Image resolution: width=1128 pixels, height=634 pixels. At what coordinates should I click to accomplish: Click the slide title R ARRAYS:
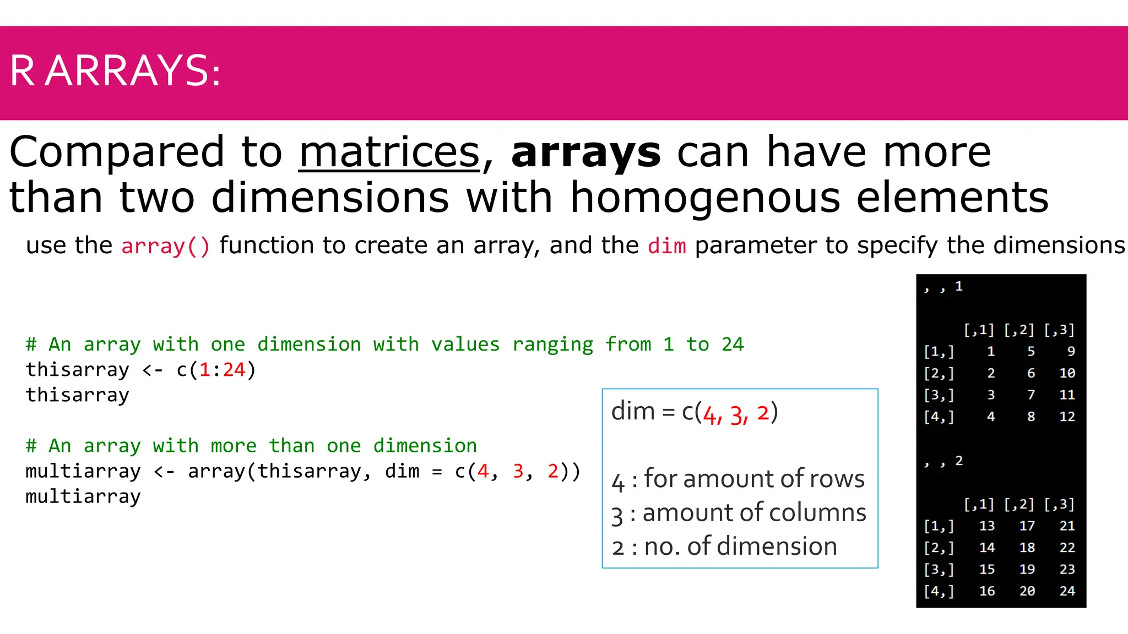pyautogui.click(x=115, y=71)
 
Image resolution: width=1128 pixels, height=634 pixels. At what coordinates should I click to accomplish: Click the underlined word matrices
pyautogui.click(x=389, y=153)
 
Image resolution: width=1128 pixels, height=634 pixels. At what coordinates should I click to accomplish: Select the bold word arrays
pyautogui.click(x=585, y=153)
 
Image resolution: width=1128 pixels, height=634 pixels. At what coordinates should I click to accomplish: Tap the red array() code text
pyautogui.click(x=165, y=246)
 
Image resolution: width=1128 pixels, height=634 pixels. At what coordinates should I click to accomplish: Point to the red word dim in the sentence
pyautogui.click(x=666, y=246)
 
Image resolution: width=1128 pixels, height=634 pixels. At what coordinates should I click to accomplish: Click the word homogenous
pyautogui.click(x=704, y=198)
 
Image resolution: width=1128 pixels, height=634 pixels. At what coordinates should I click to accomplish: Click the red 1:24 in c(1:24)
pyautogui.click(x=222, y=370)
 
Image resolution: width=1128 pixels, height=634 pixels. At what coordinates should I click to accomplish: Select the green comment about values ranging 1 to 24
pyautogui.click(x=384, y=345)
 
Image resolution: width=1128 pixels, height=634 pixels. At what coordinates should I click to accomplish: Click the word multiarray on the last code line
pyautogui.click(x=83, y=496)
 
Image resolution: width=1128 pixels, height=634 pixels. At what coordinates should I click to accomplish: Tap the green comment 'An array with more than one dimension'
pyautogui.click(x=251, y=446)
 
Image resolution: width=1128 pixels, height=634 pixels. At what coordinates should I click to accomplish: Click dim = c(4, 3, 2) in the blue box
pyautogui.click(x=694, y=412)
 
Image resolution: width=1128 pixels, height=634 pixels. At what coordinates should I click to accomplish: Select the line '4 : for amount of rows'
pyautogui.click(x=738, y=479)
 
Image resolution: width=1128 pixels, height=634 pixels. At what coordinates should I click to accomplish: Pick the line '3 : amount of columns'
pyautogui.click(x=738, y=513)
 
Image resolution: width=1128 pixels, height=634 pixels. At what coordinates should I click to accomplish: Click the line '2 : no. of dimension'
pyautogui.click(x=724, y=547)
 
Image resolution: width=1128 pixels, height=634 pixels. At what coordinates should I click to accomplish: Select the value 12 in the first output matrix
pyautogui.click(x=1067, y=417)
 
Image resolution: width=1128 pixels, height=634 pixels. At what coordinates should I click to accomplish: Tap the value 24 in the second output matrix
pyautogui.click(x=1067, y=591)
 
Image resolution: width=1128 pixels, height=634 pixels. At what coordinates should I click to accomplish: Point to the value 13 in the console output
pyautogui.click(x=986, y=526)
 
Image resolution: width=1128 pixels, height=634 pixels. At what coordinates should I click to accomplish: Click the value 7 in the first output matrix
pyautogui.click(x=1031, y=395)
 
